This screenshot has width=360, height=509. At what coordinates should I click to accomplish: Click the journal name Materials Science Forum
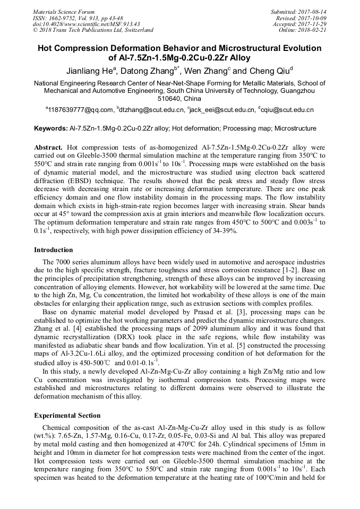(x=64, y=12)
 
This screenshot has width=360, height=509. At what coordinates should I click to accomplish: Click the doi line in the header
(x=86, y=24)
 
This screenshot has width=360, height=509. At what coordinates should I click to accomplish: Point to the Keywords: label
(x=51, y=128)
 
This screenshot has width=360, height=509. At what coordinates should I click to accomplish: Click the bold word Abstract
(x=49, y=146)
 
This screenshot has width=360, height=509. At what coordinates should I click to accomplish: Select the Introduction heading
(x=54, y=249)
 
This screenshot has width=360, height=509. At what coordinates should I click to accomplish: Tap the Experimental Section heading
(x=67, y=415)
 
